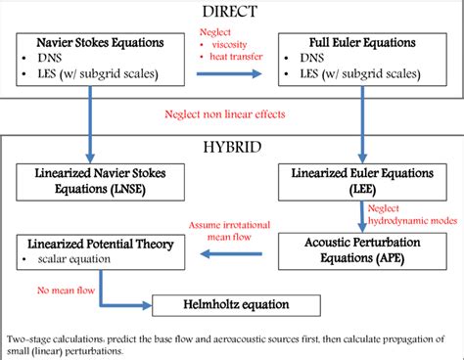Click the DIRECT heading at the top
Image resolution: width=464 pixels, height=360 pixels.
[x=231, y=12]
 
